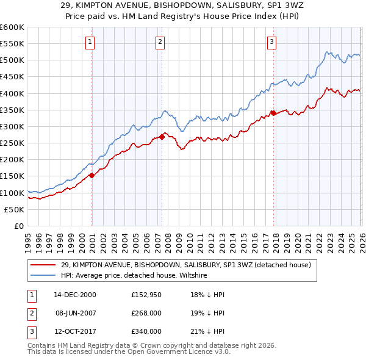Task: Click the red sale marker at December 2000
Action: click(x=91, y=175)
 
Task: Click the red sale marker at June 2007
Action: click(x=162, y=137)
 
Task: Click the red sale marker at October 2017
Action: click(x=273, y=113)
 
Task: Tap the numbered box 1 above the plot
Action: click(x=90, y=42)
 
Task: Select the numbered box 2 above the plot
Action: click(x=160, y=42)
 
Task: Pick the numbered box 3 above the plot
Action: click(x=271, y=42)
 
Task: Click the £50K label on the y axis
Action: click(x=14, y=209)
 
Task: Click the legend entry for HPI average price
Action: click(x=134, y=275)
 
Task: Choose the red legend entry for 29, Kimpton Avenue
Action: click(x=186, y=265)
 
